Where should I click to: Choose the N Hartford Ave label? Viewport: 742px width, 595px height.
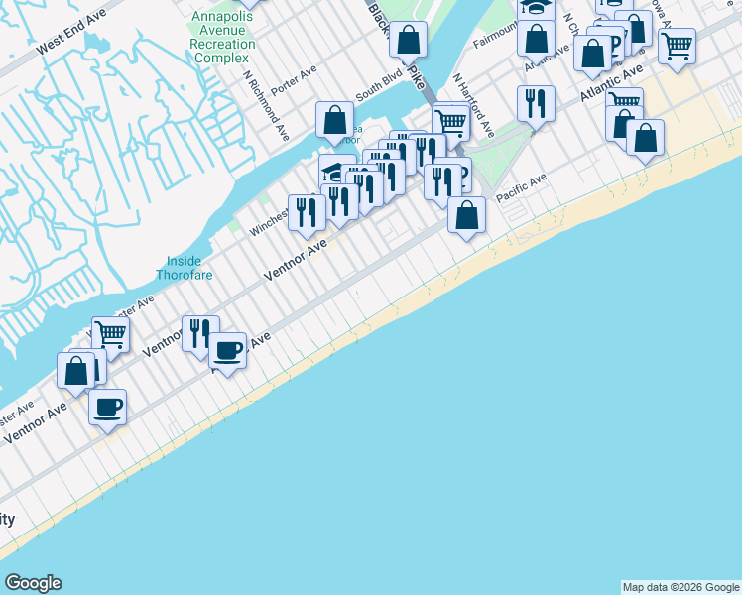tap(473, 104)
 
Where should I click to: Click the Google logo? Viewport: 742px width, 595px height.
tap(33, 583)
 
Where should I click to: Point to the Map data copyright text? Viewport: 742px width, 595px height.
tap(680, 587)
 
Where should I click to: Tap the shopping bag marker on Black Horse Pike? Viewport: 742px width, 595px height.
tap(408, 41)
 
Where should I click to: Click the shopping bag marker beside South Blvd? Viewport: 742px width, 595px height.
tap(335, 121)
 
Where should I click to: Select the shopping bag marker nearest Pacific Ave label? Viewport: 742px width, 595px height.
tap(466, 214)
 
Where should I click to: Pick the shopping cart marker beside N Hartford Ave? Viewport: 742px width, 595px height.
tap(450, 122)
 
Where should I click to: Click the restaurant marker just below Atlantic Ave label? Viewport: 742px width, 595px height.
tap(536, 103)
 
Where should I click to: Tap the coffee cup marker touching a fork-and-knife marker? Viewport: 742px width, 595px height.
tap(227, 350)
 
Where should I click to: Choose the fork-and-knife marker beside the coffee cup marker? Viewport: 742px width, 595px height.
tap(200, 332)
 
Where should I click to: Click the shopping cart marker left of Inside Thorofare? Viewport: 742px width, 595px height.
tap(110, 334)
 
